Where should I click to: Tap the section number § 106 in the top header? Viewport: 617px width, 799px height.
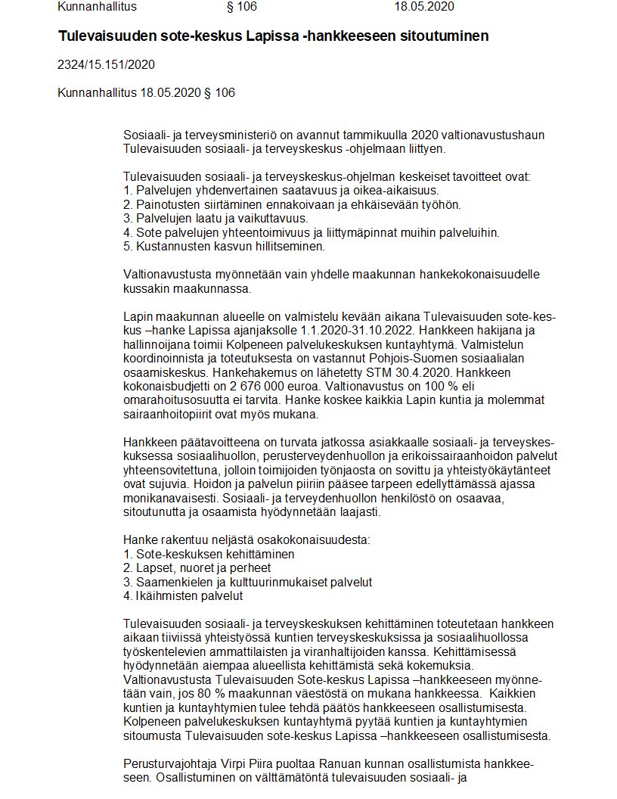[x=242, y=7]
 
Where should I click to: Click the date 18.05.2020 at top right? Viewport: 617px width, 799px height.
[x=424, y=7]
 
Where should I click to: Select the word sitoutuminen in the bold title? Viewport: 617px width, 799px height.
[x=436, y=36]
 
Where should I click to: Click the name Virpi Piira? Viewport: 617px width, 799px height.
[x=244, y=764]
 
